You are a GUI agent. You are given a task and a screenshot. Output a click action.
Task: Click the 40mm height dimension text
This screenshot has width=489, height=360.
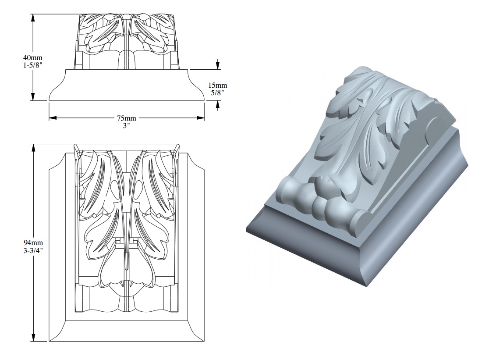coord(34,57)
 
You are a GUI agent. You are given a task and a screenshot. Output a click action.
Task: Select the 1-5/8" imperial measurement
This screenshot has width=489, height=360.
coord(34,64)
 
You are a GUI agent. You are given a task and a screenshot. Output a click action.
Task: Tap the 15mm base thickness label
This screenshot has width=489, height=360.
coord(218,85)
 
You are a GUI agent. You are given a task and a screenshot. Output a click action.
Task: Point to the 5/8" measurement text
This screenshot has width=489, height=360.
coord(218,92)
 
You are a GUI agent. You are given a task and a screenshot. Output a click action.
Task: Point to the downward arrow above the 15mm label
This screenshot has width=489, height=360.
coord(218,66)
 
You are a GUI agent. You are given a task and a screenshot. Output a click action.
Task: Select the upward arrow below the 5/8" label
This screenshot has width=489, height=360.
coord(218,104)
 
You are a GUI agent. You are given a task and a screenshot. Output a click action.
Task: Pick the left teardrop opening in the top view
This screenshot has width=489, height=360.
coord(113,191)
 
